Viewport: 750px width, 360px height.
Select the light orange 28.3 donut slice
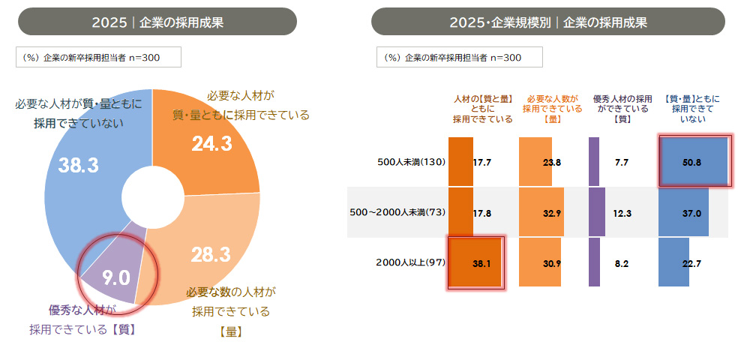point(211,253)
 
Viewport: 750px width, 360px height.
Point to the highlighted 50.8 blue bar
point(693,161)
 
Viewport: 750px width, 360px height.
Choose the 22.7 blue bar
point(673,262)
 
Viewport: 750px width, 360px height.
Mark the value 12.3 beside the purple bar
point(622,213)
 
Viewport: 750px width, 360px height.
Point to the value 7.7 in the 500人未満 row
point(622,161)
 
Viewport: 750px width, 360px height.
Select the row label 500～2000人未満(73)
point(397,212)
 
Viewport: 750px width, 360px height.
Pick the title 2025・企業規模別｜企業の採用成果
point(548,22)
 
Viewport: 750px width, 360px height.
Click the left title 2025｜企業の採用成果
point(157,22)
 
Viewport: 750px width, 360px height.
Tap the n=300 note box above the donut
point(98,57)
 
